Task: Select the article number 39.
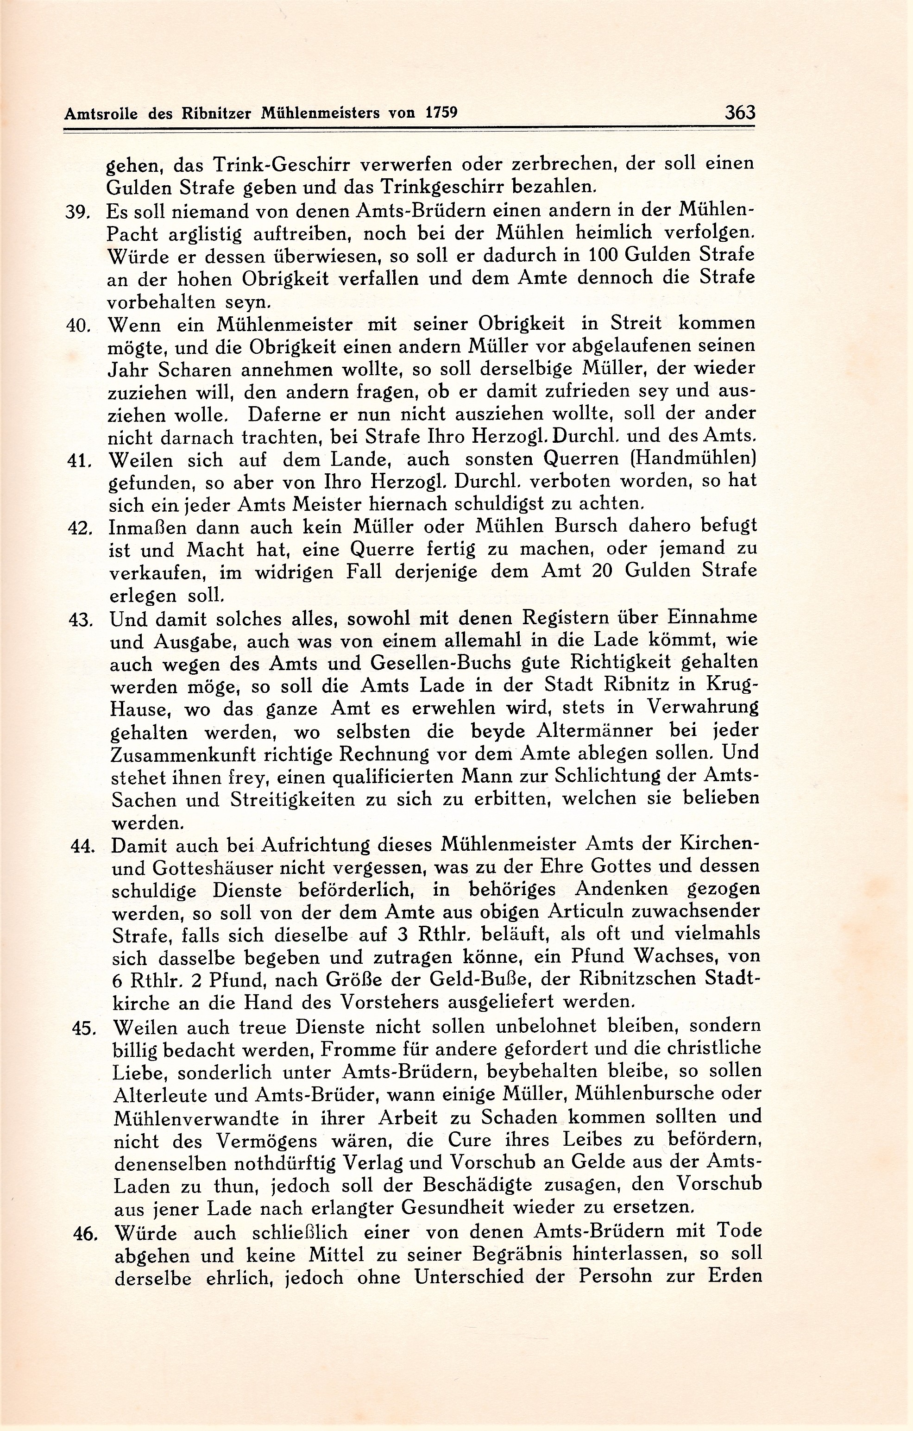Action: pos(77,212)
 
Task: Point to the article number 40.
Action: pos(78,326)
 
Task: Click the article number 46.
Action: pos(85,1234)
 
